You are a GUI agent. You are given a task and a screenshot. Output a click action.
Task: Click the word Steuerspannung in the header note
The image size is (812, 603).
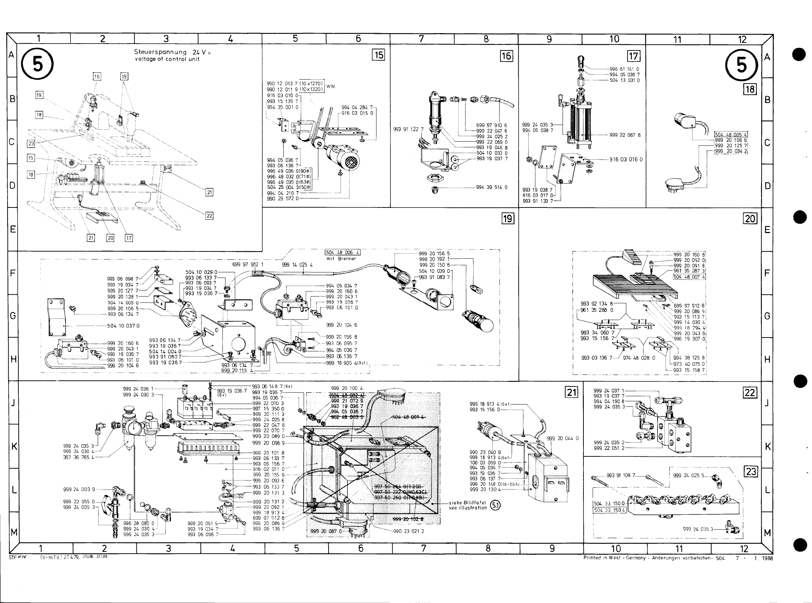pyautogui.click(x=160, y=52)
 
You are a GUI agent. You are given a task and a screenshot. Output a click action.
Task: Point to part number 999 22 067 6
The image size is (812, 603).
pyautogui.click(x=625, y=135)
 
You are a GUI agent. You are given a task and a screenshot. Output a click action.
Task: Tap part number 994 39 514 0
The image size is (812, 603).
pyautogui.click(x=492, y=187)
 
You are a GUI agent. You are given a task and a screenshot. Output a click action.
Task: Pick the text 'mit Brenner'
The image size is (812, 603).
pyautogui.click(x=342, y=258)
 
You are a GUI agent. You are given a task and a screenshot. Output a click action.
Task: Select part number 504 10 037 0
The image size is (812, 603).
pyautogui.click(x=123, y=325)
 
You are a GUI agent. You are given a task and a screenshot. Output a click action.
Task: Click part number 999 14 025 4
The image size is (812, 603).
pyautogui.click(x=297, y=265)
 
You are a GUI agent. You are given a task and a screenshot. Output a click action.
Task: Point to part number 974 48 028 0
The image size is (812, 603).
pyautogui.click(x=639, y=358)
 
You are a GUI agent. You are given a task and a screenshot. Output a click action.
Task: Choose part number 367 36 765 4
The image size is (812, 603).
pyautogui.click(x=79, y=457)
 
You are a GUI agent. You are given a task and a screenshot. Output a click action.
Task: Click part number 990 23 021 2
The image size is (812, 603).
pyautogui.click(x=409, y=531)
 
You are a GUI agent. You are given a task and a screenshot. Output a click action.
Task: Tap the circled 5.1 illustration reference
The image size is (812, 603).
pyautogui.click(x=495, y=505)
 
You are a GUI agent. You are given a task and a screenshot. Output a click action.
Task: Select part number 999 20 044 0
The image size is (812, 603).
pyautogui.click(x=563, y=438)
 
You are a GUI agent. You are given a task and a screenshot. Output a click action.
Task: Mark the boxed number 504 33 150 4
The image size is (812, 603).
pyautogui.click(x=610, y=510)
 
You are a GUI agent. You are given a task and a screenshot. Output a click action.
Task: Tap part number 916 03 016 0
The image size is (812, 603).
pyautogui.click(x=626, y=160)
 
